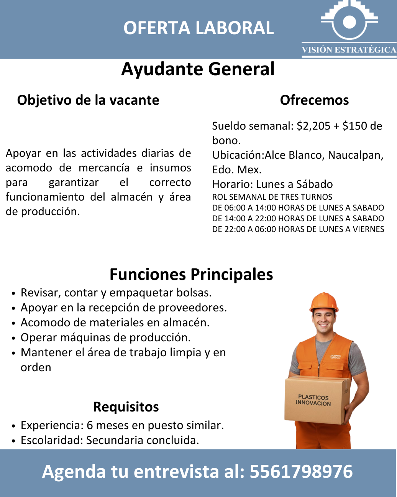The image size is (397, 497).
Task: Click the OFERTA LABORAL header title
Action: tap(198, 28)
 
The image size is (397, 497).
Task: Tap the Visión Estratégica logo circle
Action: tap(349, 22)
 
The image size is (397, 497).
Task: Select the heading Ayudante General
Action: tap(198, 69)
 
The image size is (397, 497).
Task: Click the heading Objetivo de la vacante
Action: tap(88, 100)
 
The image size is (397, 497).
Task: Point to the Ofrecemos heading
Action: tap(314, 100)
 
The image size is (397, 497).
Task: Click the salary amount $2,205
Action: tap(313, 126)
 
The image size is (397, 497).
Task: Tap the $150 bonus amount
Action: tap(355, 126)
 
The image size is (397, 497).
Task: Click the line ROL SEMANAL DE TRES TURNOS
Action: tap(272, 197)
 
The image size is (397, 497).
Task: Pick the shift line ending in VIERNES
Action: tap(298, 229)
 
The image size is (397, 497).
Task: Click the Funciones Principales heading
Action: tap(191, 275)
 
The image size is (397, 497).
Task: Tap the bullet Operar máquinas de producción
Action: tap(106, 337)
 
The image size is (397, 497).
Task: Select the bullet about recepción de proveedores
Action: tap(124, 308)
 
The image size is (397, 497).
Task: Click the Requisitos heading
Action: tap(126, 407)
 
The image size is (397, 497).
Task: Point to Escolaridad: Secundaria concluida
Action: tap(110, 440)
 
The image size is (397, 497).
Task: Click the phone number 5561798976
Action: tap(301, 472)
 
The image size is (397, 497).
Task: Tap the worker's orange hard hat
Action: tap(324, 302)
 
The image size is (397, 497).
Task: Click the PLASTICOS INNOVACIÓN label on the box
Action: tap(313, 400)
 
